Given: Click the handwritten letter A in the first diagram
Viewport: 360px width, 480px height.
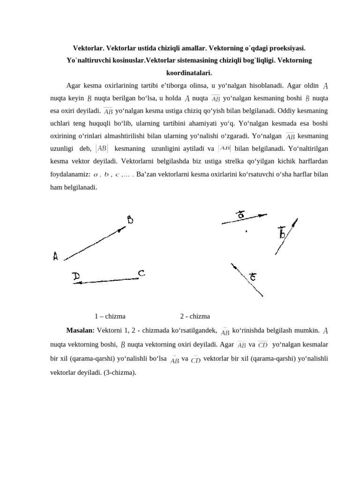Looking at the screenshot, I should [x=56, y=256].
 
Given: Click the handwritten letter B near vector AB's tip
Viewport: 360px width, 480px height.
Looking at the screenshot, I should [x=131, y=219].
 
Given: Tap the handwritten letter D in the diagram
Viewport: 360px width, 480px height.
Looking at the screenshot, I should [x=75, y=277].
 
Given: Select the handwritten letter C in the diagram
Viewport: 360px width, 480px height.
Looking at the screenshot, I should [x=141, y=273].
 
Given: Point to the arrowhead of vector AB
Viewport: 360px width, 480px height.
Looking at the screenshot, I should [x=123, y=229].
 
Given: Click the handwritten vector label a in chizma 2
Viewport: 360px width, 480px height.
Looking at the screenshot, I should [x=241, y=215].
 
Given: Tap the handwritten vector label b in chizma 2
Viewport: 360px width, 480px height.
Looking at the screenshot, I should [x=282, y=232].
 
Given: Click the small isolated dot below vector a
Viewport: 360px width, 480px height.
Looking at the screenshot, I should [x=247, y=231].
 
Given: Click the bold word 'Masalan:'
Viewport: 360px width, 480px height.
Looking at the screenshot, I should [x=81, y=330].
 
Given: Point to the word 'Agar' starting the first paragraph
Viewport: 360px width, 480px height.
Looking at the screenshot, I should [x=74, y=86].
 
